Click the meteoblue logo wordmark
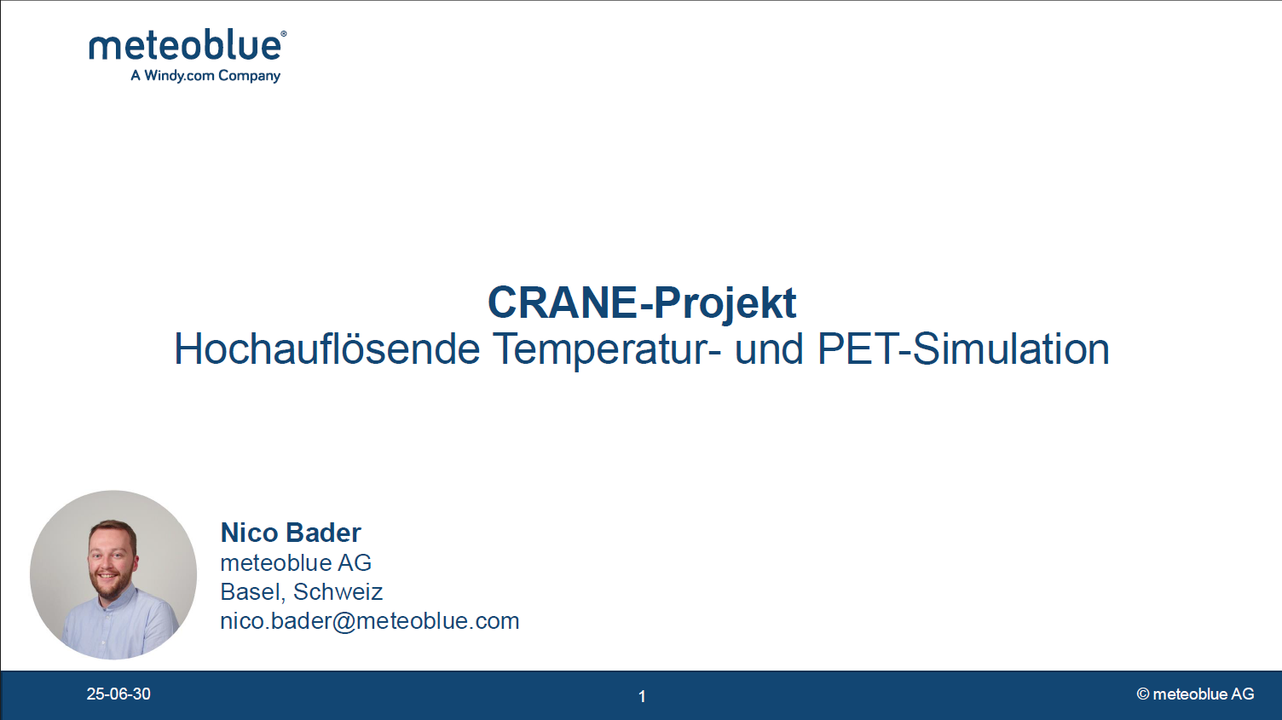(185, 46)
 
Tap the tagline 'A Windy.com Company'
(205, 76)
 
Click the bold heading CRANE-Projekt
(642, 303)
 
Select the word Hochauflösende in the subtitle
(326, 348)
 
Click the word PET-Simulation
(963, 348)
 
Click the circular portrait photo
(113, 575)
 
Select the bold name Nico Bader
(291, 533)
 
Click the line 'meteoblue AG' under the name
(296, 562)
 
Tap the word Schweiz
(338, 592)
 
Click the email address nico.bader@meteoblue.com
(370, 621)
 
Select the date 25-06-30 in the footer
(118, 694)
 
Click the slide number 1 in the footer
(642, 696)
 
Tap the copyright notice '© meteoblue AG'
(1195, 694)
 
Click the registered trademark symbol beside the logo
(284, 34)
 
